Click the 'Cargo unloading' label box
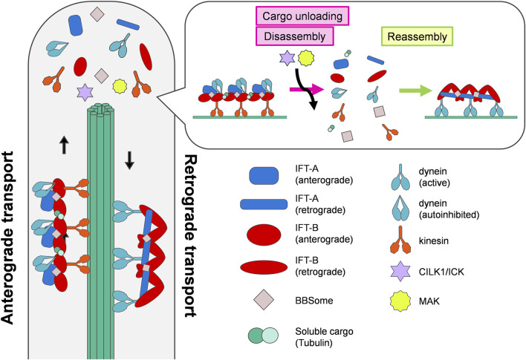click(x=302, y=16)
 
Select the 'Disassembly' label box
click(x=295, y=36)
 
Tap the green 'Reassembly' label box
click(x=418, y=36)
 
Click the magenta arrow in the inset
click(x=307, y=89)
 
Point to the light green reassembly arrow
click(x=415, y=91)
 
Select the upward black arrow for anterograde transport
click(x=65, y=145)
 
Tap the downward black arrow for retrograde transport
click(x=129, y=160)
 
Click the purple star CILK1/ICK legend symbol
click(x=400, y=271)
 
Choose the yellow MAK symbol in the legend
click(x=400, y=301)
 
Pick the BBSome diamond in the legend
click(x=264, y=300)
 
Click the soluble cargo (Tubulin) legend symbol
click(x=263, y=336)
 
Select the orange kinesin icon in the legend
click(x=400, y=240)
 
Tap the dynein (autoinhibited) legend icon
click(x=400, y=208)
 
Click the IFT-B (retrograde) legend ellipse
click(x=264, y=267)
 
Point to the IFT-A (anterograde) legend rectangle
click(x=264, y=176)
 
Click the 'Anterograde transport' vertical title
click(x=7, y=238)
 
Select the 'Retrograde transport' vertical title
click(x=191, y=235)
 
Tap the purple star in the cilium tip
click(x=85, y=92)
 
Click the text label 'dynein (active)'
click(x=435, y=177)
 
